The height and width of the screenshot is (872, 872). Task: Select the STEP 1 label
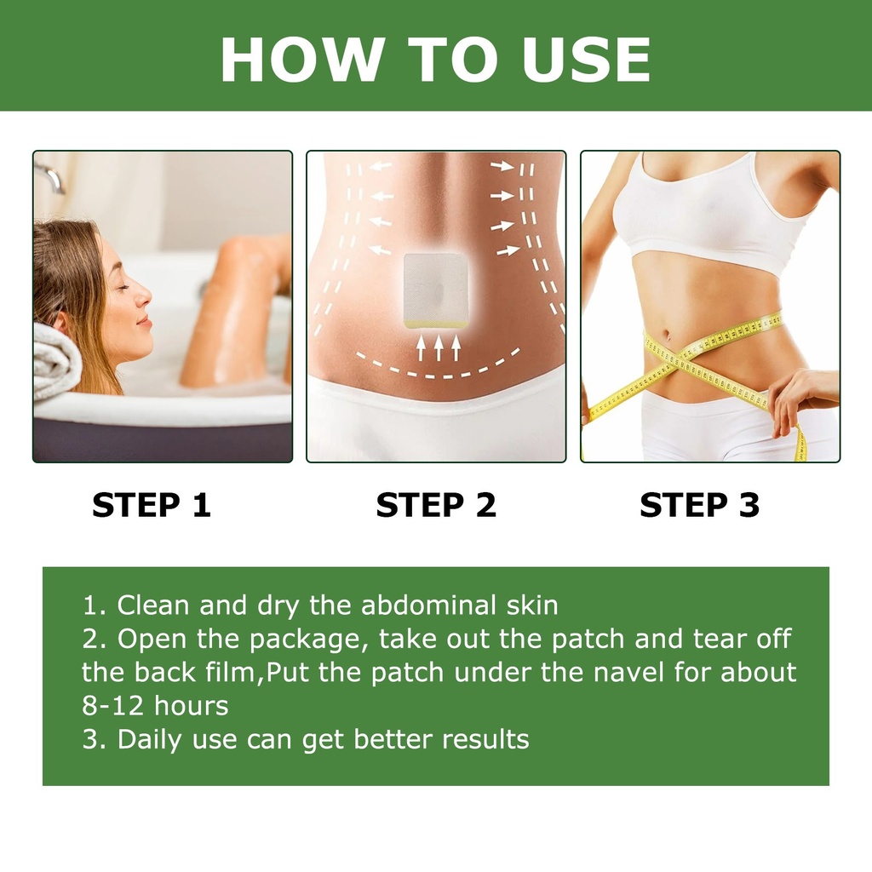(152, 505)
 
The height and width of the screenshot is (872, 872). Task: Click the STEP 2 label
(436, 505)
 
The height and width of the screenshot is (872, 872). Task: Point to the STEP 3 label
(700, 505)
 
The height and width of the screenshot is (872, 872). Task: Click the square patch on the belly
(435, 290)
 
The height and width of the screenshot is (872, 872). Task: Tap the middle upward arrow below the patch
(439, 348)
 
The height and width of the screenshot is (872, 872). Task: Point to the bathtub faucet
(50, 177)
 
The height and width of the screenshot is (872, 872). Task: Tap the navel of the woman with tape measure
(667, 335)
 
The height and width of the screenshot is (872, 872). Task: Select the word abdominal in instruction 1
(428, 605)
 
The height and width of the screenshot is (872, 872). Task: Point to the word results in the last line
(485, 740)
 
